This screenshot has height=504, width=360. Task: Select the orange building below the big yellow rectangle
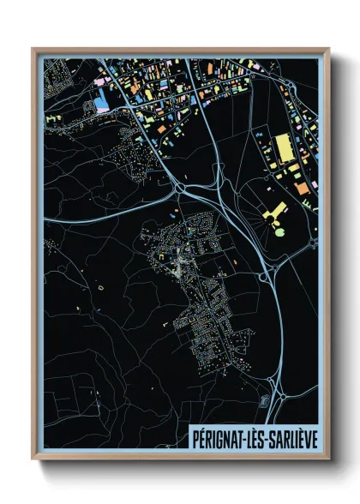301,187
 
